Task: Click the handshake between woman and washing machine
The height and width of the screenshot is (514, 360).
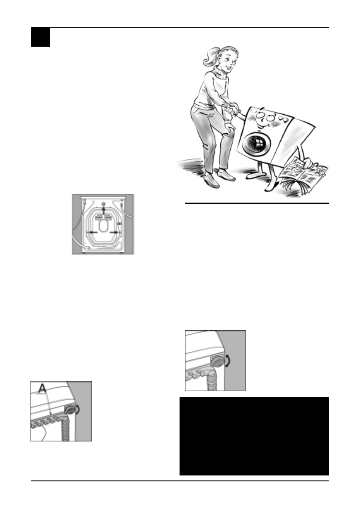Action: pyautogui.click(x=232, y=109)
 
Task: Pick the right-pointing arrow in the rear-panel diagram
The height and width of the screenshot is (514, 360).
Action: pyautogui.click(x=116, y=231)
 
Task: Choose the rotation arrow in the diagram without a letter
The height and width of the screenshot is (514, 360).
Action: pyautogui.click(x=233, y=361)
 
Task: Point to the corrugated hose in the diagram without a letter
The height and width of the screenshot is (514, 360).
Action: pyautogui.click(x=211, y=379)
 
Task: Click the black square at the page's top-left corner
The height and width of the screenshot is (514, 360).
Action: pyautogui.click(x=40, y=37)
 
